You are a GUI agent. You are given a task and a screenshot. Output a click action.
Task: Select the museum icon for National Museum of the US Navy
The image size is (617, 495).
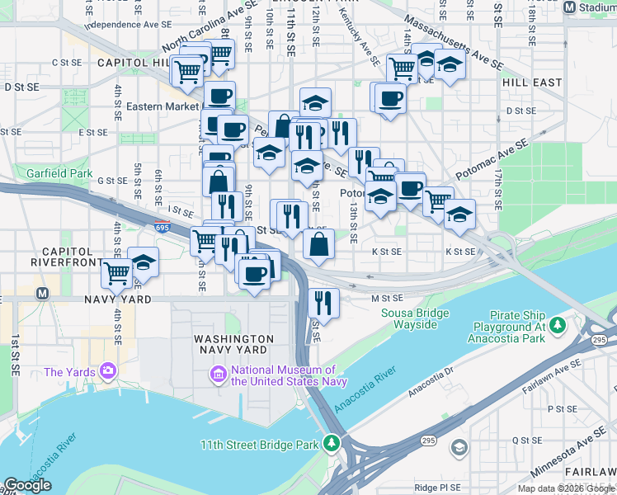point(219,375)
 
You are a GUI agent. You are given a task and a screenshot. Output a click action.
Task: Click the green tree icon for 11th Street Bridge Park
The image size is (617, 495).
point(332,444)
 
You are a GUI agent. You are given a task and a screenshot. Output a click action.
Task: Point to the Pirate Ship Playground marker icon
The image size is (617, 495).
point(558,325)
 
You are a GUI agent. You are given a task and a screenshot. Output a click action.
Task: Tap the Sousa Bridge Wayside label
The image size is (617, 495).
point(415,318)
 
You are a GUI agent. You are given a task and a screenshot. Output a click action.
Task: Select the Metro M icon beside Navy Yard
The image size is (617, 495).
point(41,293)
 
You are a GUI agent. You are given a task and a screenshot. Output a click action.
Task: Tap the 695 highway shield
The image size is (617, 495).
point(161,226)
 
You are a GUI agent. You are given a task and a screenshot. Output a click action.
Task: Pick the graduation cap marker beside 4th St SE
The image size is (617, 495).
point(144,262)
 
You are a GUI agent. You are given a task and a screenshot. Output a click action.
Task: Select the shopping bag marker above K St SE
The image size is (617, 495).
point(319,243)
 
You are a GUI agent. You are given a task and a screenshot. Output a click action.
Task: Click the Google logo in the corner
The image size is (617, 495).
point(28,485)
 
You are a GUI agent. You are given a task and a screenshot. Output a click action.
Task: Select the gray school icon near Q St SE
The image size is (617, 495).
point(459,447)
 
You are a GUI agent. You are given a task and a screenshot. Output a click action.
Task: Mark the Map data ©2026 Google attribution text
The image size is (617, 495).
point(566,488)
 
